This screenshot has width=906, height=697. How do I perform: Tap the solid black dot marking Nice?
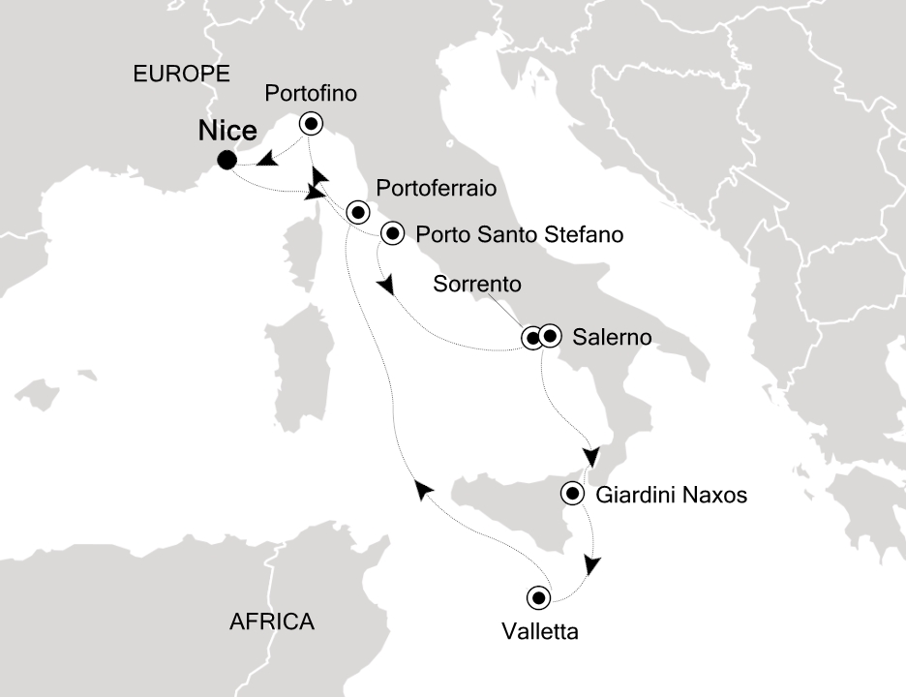click(x=226, y=161)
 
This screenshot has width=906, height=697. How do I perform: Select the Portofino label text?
click(x=311, y=94)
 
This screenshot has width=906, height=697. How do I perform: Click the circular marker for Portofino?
click(x=311, y=123)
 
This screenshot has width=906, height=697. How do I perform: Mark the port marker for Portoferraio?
click(x=357, y=211)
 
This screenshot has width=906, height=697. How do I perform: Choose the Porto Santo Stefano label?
click(x=512, y=233)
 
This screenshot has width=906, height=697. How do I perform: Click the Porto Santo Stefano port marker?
click(x=392, y=232)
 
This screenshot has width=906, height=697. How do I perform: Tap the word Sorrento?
click(x=478, y=285)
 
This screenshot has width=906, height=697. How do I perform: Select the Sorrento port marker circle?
click(x=532, y=338)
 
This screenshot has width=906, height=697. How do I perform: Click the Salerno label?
click(x=612, y=338)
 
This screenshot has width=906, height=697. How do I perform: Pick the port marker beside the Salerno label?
click(x=550, y=336)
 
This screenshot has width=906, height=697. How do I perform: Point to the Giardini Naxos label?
click(x=673, y=496)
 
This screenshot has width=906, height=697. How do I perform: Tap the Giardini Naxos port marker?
click(x=572, y=495)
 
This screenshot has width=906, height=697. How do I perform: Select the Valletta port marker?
click(x=537, y=596)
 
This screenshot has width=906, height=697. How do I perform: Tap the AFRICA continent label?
click(x=272, y=621)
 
